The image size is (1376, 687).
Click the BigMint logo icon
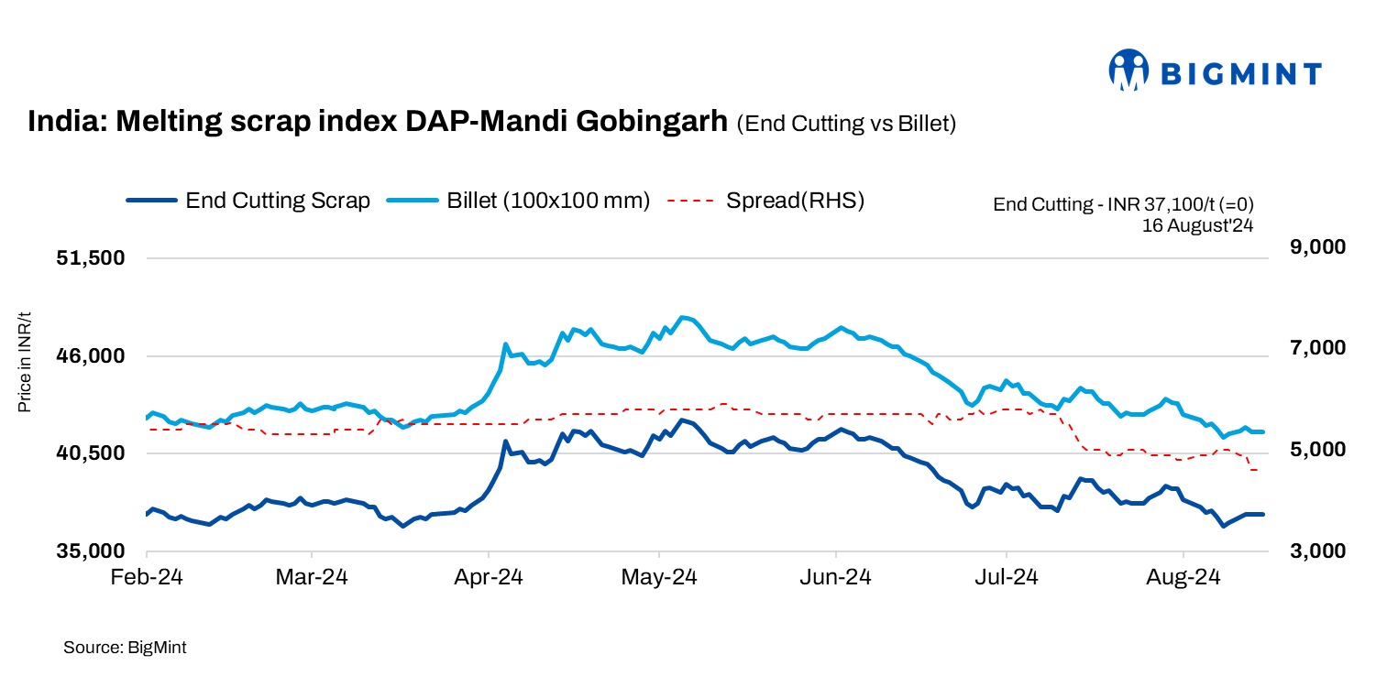1128,71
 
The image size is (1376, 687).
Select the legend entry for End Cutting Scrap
248,201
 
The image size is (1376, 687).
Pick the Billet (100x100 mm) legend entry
519,201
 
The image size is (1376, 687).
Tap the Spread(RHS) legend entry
766,201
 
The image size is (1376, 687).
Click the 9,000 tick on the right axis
1310,247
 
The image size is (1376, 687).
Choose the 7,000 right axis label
1310,348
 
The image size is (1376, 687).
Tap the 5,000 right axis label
1310,450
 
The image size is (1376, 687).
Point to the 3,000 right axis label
1310,551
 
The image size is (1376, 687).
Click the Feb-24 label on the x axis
147,578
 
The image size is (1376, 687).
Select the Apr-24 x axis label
489,578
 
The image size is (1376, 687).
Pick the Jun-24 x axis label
836,578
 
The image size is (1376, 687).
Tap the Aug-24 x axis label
1183,578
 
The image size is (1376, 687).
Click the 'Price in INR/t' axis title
25,361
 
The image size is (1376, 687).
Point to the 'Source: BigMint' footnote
125,648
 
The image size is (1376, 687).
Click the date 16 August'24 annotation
1197,224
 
